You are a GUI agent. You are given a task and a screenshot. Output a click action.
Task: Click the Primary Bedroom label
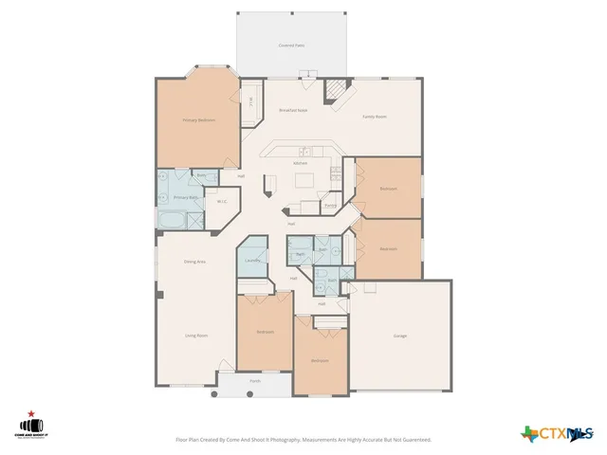click(198, 120)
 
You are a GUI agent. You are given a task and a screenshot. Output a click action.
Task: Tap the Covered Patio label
click(291, 45)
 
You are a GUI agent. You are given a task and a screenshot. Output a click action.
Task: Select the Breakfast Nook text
click(292, 110)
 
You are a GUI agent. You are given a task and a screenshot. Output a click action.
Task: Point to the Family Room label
click(375, 117)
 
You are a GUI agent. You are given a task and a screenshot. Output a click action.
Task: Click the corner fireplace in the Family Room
click(337, 91)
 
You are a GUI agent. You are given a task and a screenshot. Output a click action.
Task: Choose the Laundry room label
click(252, 261)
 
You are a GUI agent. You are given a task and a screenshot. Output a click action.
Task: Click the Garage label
click(400, 337)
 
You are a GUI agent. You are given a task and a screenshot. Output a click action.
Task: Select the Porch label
click(255, 381)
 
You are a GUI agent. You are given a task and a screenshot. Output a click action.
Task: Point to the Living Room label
click(196, 336)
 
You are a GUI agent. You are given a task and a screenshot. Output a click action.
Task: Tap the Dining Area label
click(194, 261)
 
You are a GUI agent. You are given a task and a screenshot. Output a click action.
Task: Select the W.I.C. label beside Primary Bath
click(220, 201)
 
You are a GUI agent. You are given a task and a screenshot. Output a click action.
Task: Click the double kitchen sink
click(305, 152)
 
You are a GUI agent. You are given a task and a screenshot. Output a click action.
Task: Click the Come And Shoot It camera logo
click(31, 427)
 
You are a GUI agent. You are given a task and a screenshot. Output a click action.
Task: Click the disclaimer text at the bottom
click(303, 440)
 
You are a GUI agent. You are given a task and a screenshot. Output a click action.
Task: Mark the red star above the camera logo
click(31, 413)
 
